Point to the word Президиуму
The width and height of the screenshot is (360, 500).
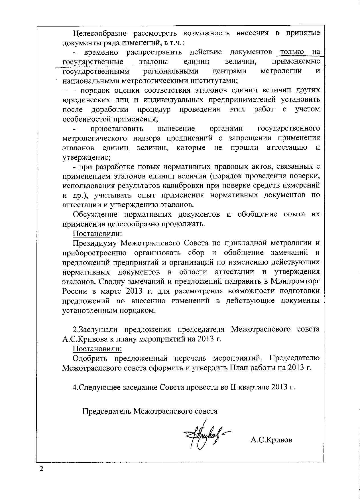point(95,243)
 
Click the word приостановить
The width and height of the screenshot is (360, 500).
point(117,129)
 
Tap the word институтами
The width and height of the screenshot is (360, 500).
point(211,81)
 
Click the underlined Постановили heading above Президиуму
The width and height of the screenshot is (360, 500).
point(97,234)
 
